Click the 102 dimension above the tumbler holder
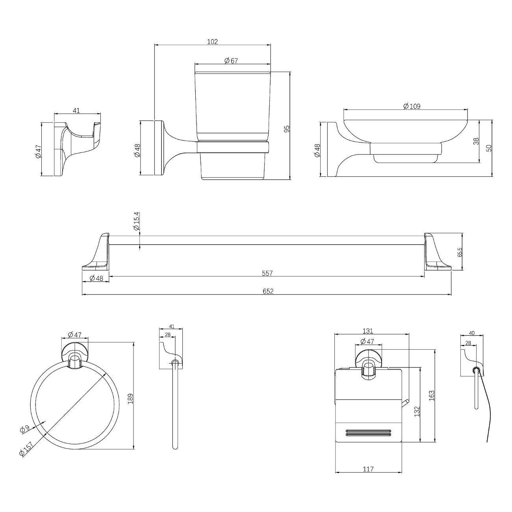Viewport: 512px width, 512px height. point(212,42)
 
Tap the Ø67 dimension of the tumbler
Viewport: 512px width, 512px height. point(231,61)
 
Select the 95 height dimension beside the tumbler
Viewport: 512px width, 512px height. point(287,129)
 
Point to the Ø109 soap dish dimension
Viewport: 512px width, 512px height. point(412,106)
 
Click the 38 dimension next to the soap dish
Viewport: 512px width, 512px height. point(476,141)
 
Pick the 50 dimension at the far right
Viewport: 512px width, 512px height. point(489,148)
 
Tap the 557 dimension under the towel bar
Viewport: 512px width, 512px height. point(267,273)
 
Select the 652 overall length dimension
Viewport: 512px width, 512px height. point(268,291)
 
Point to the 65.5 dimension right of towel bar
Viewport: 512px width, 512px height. point(460,252)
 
